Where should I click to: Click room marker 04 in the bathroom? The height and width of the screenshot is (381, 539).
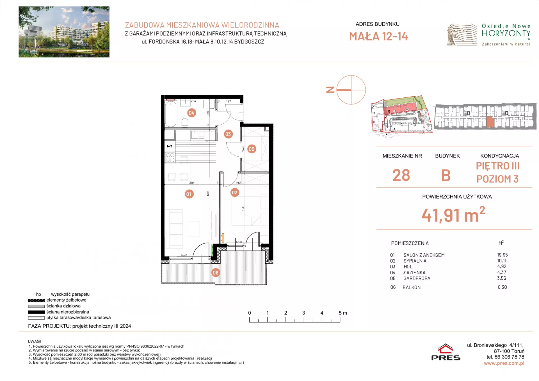[191, 113]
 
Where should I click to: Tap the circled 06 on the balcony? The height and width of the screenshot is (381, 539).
[216, 273]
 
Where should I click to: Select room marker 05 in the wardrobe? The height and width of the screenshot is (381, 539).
[252, 149]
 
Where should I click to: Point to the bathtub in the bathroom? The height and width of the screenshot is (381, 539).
[171, 114]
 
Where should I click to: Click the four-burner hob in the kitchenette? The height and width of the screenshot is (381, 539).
[170, 158]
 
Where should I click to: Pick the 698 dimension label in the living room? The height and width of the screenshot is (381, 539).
[208, 193]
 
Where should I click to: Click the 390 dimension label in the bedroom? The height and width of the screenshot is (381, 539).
[243, 208]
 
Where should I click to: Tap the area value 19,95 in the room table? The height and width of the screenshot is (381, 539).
[503, 255]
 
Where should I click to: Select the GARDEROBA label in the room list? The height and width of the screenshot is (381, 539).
[417, 279]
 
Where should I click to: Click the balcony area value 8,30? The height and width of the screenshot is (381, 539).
[503, 287]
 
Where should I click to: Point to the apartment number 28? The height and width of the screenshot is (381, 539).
[401, 175]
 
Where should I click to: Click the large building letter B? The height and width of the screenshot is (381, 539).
[446, 175]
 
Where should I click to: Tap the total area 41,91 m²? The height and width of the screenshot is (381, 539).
[453, 215]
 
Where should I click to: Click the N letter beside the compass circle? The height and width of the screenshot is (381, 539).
[330, 90]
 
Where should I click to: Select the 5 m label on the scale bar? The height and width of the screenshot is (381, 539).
[343, 313]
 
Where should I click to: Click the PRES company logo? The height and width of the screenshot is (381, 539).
[446, 352]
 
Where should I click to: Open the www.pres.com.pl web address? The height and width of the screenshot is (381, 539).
[504, 363]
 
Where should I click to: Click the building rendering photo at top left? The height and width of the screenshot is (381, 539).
[64, 32]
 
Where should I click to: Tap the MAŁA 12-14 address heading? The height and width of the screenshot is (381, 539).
[378, 36]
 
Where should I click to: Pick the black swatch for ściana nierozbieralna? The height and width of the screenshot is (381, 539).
[36, 312]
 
